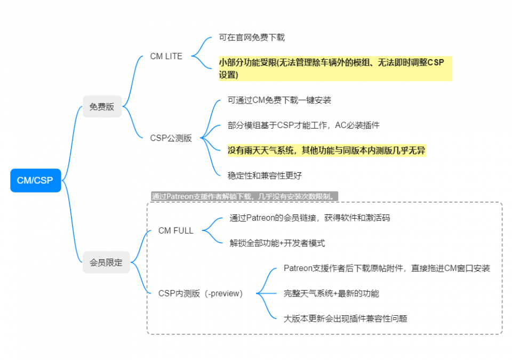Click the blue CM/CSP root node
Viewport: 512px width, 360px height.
click(x=36, y=180)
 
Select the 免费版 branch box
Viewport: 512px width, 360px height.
click(x=102, y=107)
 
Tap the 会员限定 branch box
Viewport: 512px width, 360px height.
click(x=106, y=262)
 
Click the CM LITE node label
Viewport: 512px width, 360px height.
click(x=166, y=56)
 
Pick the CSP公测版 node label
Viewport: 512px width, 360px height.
click(x=171, y=138)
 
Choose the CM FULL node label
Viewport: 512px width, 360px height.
click(x=175, y=230)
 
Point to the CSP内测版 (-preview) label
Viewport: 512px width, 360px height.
click(x=201, y=293)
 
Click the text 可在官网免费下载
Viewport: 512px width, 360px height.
click(x=252, y=37)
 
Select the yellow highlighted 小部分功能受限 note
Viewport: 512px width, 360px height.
click(x=335, y=69)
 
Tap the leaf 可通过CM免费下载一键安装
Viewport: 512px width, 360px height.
click(x=279, y=100)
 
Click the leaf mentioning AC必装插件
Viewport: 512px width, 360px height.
click(x=303, y=125)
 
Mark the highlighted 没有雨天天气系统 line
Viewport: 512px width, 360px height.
click(x=326, y=150)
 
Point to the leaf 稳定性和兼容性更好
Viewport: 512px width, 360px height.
click(x=265, y=176)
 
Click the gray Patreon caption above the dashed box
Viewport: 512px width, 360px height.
click(x=245, y=196)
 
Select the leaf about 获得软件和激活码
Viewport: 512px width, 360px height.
click(x=309, y=218)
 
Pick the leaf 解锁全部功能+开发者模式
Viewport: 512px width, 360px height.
click(x=277, y=243)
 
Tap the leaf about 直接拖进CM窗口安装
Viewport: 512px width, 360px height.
click(x=387, y=268)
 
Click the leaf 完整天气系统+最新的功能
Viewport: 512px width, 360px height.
click(x=331, y=293)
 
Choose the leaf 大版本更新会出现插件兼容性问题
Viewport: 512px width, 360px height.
click(x=345, y=318)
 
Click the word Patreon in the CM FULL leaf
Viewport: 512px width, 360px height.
click(x=261, y=218)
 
